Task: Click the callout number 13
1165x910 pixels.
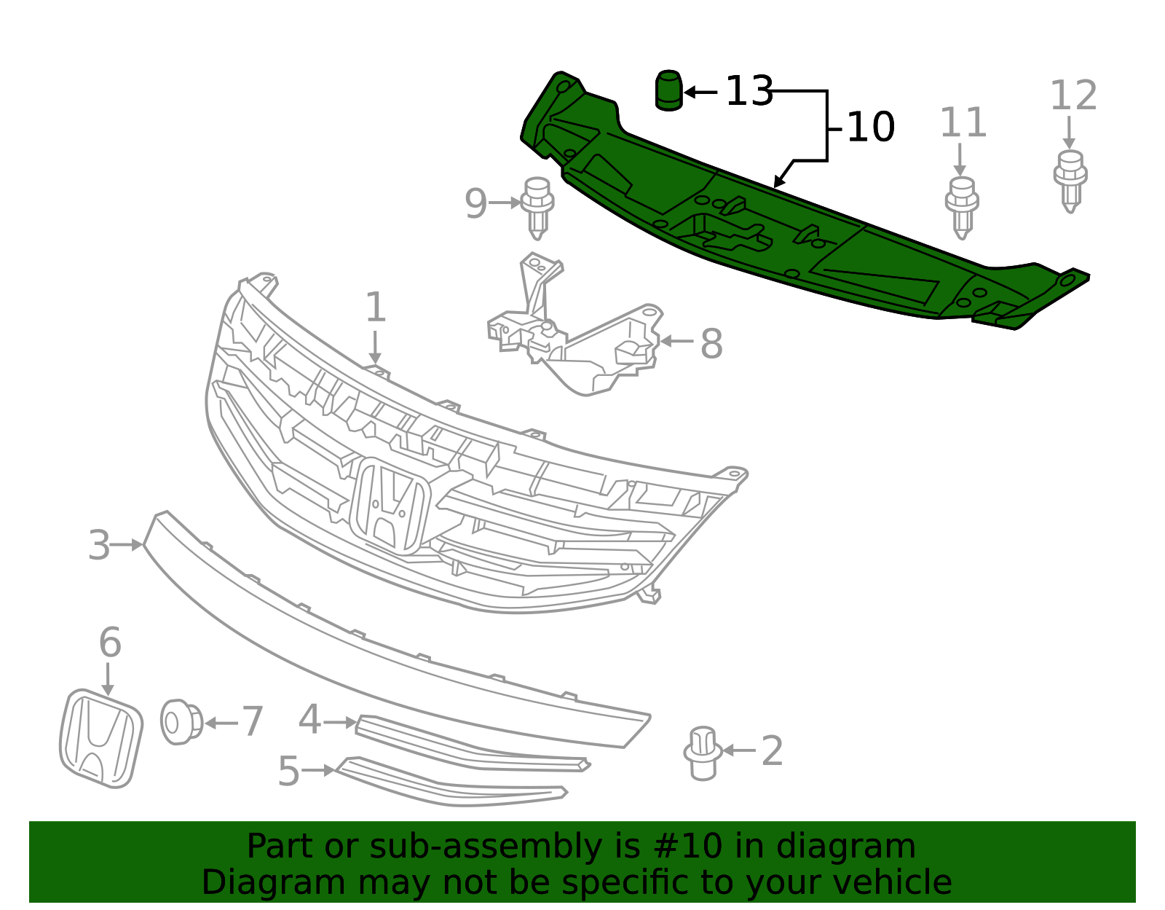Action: pos(749,91)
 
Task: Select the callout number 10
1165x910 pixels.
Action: pos(871,128)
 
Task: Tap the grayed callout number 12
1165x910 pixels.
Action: pos(1073,95)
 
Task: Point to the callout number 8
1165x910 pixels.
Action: pos(711,343)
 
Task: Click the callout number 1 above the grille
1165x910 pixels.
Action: pos(375,307)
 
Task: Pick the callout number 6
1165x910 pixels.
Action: pos(111,642)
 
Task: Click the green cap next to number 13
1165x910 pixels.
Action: pos(669,90)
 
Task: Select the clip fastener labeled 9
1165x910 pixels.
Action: pos(537,208)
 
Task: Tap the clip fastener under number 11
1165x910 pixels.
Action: pos(962,208)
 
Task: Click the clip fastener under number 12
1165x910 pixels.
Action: pos(1070,182)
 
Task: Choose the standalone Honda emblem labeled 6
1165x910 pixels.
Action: pos(100,738)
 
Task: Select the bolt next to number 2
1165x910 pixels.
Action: pos(703,753)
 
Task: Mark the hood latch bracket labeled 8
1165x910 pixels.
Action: pos(574,325)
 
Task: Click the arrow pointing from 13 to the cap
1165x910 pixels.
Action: pos(700,93)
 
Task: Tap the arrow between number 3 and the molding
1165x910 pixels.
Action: pos(127,545)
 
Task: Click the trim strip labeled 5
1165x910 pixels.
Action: pos(450,782)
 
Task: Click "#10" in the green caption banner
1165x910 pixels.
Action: pos(685,846)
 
